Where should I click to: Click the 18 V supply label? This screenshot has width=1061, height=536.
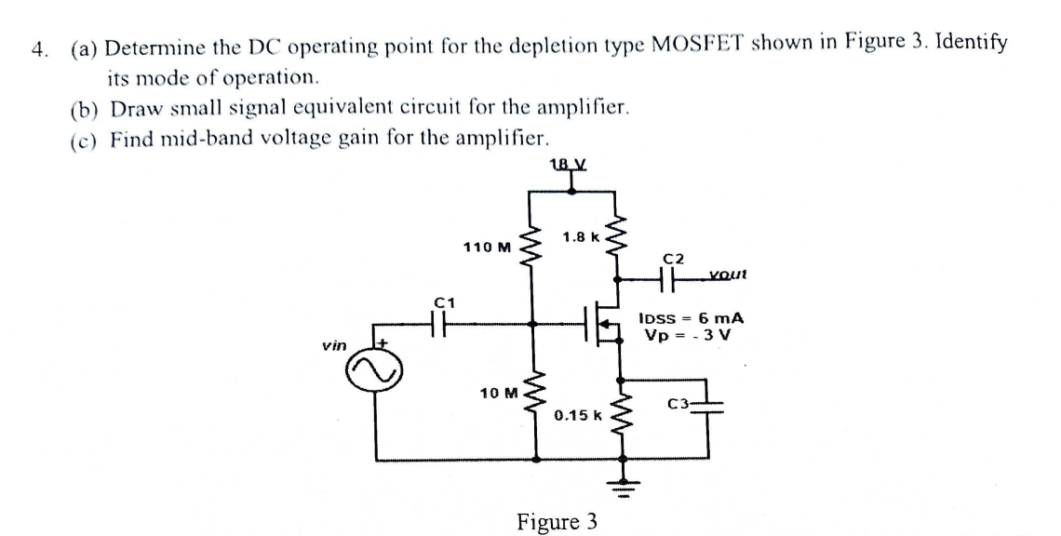(x=571, y=165)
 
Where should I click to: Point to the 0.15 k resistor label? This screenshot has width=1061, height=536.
(x=579, y=414)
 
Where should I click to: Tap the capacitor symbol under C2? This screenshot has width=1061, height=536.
(x=670, y=277)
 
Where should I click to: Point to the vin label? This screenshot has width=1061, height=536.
(x=333, y=345)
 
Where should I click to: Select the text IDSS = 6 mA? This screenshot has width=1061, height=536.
(x=692, y=317)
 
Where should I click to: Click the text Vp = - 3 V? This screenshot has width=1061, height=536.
(x=688, y=334)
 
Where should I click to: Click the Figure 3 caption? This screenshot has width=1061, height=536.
(x=556, y=520)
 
